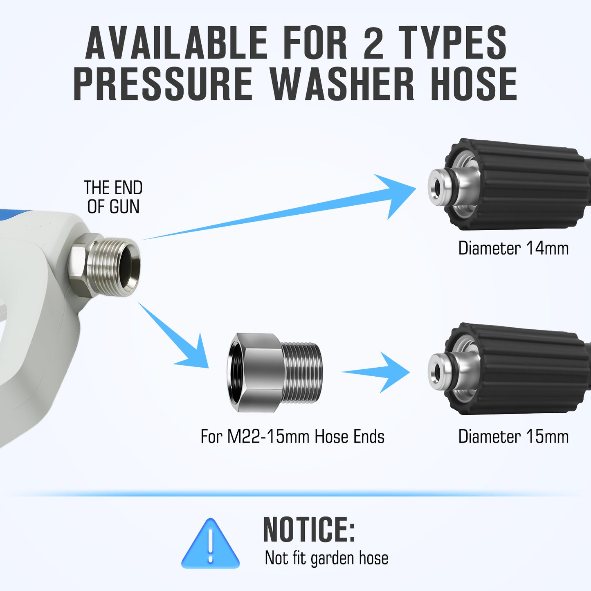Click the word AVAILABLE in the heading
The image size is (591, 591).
(176, 43)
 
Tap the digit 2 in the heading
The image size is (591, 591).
(373, 43)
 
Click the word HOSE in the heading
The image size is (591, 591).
(474, 84)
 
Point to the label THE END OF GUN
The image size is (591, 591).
(113, 197)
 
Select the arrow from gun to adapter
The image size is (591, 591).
(180, 339)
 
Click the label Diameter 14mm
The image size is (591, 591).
(513, 248)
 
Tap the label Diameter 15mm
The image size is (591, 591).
(513, 436)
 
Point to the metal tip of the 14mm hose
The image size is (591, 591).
(440, 187)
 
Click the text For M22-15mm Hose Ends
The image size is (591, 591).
(292, 436)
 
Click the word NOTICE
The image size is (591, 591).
(309, 529)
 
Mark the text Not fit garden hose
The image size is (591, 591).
(326, 558)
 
